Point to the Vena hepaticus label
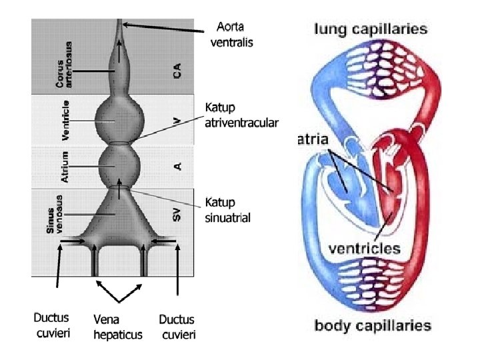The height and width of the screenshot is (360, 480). (x=118, y=327)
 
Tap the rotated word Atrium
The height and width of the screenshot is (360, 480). (x=66, y=166)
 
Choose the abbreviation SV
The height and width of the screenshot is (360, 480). (x=177, y=215)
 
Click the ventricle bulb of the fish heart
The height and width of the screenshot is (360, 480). (x=119, y=121)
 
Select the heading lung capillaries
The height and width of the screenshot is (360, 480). (x=371, y=29)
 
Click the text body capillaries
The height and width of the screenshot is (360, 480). (x=373, y=326)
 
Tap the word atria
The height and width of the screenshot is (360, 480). (x=311, y=140)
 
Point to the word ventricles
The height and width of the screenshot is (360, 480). (x=363, y=248)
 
